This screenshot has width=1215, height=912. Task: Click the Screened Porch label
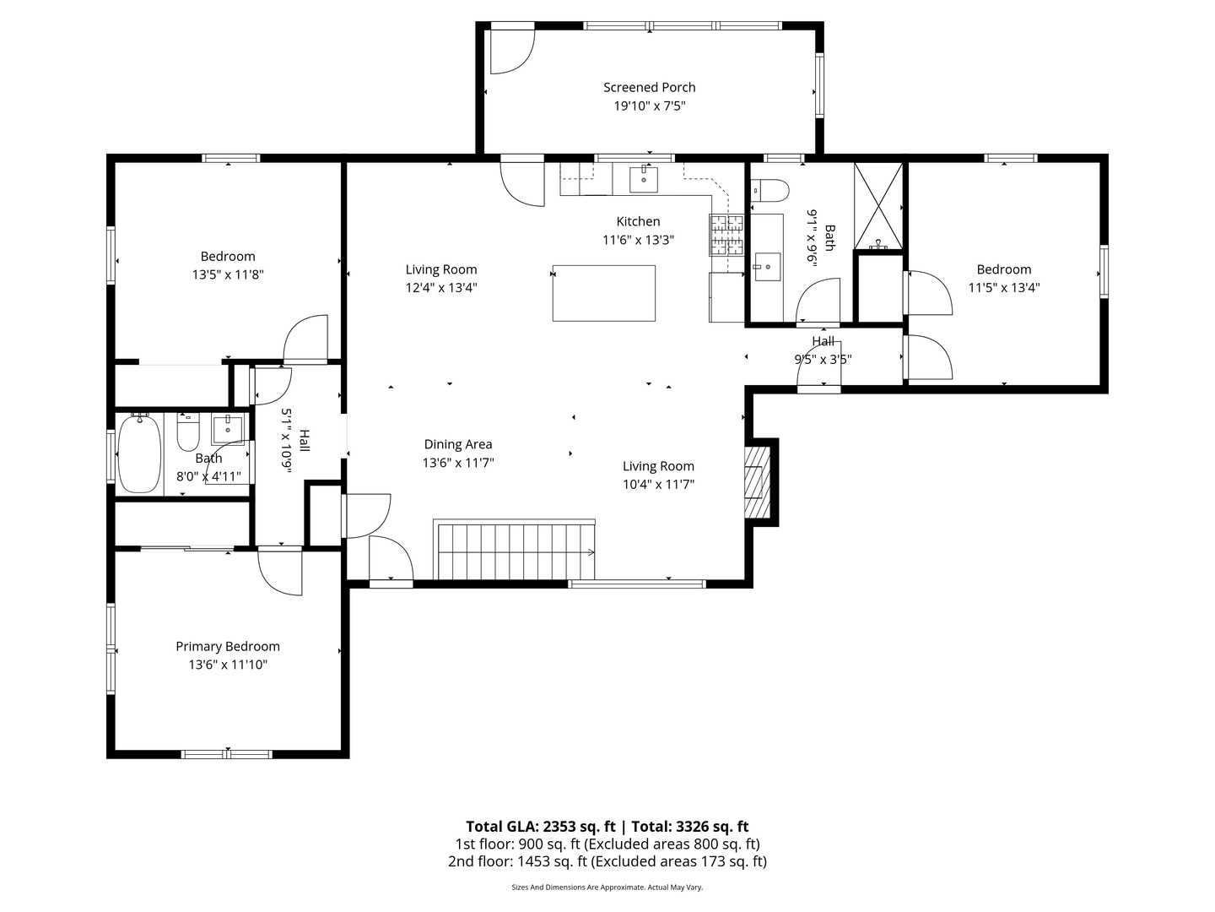(x=649, y=88)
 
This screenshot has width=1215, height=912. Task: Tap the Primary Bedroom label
(x=228, y=646)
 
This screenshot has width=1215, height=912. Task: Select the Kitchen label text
(x=638, y=221)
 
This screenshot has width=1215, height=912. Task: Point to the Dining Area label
(x=458, y=444)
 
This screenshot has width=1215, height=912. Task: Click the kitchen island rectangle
(x=603, y=293)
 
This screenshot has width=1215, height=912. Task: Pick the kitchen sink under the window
(x=643, y=179)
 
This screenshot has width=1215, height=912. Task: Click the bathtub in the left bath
(x=139, y=454)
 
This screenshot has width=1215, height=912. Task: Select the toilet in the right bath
(x=770, y=190)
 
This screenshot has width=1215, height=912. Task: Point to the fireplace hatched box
(x=757, y=481)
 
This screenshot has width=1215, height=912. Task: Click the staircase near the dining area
(x=514, y=549)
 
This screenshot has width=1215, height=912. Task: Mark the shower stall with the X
(x=877, y=206)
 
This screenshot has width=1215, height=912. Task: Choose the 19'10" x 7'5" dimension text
(x=650, y=106)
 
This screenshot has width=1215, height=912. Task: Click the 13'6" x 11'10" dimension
(x=228, y=665)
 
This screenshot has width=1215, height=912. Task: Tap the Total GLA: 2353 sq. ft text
(x=540, y=826)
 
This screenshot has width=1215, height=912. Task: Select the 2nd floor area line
(x=607, y=861)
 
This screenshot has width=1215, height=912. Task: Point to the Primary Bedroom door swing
(x=280, y=573)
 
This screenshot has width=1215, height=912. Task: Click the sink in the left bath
(x=228, y=428)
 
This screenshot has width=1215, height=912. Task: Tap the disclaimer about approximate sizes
(x=607, y=887)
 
